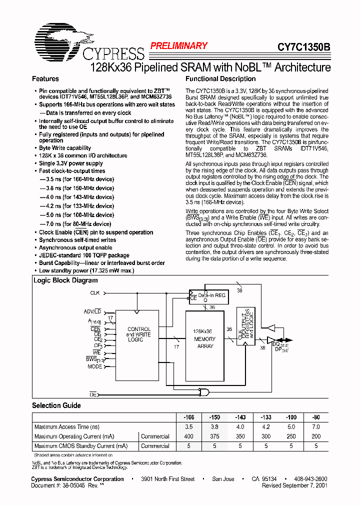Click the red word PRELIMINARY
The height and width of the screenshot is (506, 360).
pyautogui.click(x=179, y=46)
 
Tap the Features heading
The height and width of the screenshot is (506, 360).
pyautogui.click(x=45, y=79)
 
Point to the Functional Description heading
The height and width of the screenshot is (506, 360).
pyautogui.click(x=220, y=79)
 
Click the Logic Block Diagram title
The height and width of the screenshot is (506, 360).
pyautogui.click(x=65, y=280)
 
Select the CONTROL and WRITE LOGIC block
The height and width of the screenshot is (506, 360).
pyautogui.click(x=135, y=334)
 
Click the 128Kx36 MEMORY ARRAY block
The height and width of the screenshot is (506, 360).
pyautogui.click(x=205, y=338)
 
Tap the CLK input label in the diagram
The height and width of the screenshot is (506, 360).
pyautogui.click(x=94, y=292)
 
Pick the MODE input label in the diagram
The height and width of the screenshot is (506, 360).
pyautogui.click(x=94, y=366)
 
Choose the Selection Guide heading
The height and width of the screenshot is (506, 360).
pyautogui.click(x=56, y=405)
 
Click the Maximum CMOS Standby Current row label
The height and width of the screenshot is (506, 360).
pyautogui.click(x=81, y=446)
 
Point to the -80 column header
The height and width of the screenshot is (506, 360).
pyautogui.click(x=316, y=417)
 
